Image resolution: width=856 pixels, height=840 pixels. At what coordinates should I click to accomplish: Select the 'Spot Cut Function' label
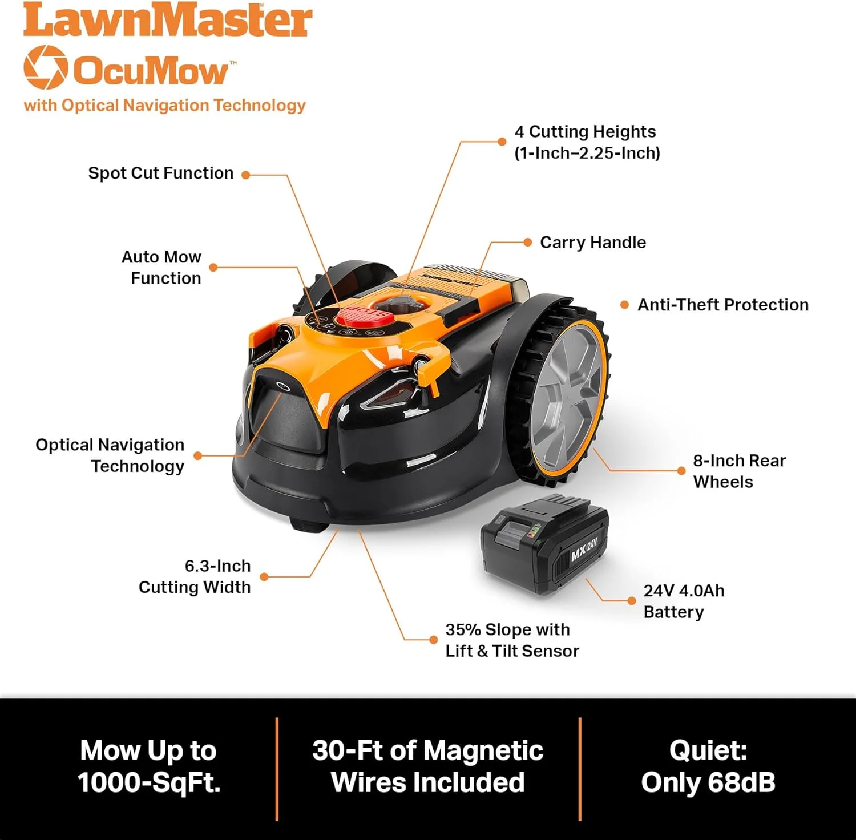(161, 173)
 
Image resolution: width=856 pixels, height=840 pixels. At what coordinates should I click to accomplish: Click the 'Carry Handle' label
(593, 242)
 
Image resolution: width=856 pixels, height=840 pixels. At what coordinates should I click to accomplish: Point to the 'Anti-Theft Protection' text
(723, 305)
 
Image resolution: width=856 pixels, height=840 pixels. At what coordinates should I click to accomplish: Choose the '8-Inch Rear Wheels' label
(740, 471)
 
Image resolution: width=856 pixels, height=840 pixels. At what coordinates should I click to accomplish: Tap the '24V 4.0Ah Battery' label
(684, 601)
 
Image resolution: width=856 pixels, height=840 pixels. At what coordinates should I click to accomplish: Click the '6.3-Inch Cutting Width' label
(195, 576)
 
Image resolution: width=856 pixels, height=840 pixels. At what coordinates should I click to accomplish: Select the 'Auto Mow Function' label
(161, 267)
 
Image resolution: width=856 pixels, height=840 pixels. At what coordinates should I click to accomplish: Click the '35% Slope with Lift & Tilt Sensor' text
(512, 640)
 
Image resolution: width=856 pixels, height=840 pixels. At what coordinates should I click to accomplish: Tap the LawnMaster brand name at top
(168, 21)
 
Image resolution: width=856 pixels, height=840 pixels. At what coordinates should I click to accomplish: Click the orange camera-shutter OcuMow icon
(45, 67)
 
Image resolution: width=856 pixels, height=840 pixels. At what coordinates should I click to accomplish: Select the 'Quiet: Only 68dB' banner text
(708, 766)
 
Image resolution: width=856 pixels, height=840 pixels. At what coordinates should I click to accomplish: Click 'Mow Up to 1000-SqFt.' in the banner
(149, 766)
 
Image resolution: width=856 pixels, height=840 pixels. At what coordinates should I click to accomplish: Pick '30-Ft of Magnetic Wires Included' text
(428, 766)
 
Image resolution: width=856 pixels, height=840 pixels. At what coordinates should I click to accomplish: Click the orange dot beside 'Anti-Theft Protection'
(624, 305)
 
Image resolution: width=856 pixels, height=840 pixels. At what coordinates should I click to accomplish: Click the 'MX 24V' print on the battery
(584, 549)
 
